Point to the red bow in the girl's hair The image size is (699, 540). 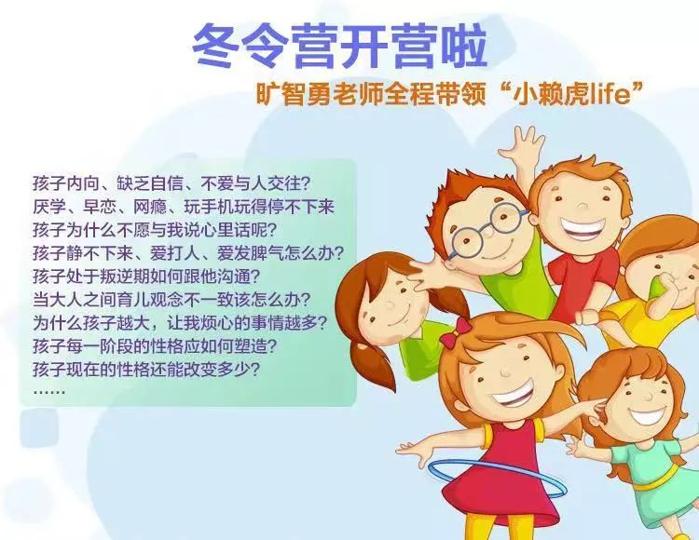pos(456,332)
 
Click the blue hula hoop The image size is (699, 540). pos(497,479)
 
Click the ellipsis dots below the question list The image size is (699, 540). pos(49,392)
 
